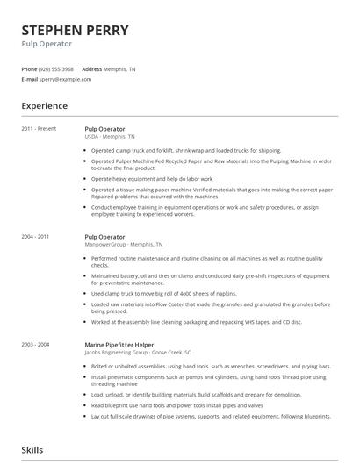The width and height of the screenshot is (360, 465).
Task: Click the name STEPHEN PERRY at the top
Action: click(75, 31)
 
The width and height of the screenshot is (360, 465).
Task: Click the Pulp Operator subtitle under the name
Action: click(47, 44)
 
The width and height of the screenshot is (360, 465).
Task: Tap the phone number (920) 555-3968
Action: click(56, 68)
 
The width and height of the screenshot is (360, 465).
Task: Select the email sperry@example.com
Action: click(65, 79)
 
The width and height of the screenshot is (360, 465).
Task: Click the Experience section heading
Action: click(44, 106)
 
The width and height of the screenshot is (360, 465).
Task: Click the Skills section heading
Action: click(32, 450)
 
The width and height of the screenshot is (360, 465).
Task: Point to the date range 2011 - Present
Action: click(39, 129)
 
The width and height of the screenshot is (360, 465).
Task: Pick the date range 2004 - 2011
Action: click(35, 237)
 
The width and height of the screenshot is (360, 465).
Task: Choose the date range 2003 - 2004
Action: click(35, 345)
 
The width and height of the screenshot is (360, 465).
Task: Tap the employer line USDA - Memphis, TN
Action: click(110, 137)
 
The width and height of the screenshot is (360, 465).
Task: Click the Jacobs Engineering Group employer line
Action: click(133, 353)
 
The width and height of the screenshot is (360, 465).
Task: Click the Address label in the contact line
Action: click(92, 68)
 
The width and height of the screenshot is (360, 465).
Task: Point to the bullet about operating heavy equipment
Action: click(151, 178)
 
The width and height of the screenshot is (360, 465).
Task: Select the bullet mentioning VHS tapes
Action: click(196, 321)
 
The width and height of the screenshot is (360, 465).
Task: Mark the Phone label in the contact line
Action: click(29, 68)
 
